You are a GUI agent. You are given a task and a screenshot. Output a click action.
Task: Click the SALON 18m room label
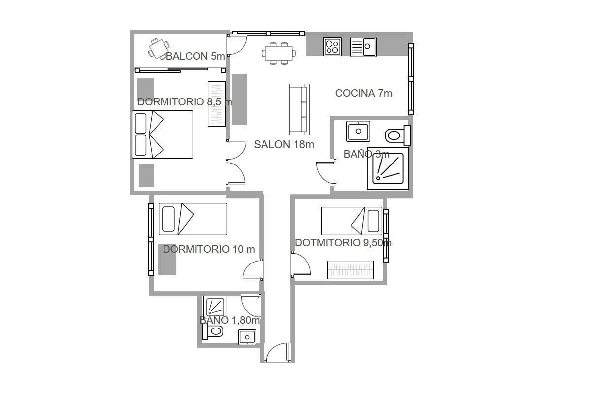[x=284, y=145]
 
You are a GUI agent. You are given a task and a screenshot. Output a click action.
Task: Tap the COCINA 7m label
[x=363, y=93]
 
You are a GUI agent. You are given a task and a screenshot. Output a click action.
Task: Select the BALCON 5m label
[x=196, y=56]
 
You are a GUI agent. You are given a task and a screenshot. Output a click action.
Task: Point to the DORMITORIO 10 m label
[x=209, y=249]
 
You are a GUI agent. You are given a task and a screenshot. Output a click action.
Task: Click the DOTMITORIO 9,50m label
[x=343, y=243]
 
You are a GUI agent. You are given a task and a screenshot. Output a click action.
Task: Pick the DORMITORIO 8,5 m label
[x=185, y=102]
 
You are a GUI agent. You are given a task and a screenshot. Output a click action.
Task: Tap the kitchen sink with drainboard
[x=363, y=47]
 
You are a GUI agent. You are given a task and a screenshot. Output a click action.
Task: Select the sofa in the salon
[x=299, y=109]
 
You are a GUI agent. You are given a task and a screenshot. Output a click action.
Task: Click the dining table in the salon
[x=279, y=52]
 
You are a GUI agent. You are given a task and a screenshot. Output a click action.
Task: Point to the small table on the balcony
[x=157, y=48]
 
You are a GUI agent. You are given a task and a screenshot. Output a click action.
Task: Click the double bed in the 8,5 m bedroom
[x=163, y=134]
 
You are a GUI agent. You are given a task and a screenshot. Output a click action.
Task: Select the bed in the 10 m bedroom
[x=193, y=219]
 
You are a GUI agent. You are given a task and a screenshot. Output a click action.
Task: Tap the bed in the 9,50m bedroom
[x=351, y=222]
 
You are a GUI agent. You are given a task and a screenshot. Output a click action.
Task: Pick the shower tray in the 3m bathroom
[x=388, y=168]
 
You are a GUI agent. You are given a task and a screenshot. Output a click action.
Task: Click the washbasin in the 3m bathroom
[x=358, y=131]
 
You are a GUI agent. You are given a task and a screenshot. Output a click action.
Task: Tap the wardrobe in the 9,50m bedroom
[x=350, y=269]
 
